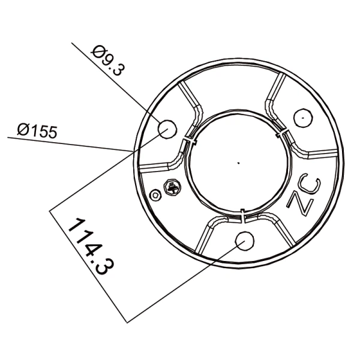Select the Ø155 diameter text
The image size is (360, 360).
[x=37, y=130]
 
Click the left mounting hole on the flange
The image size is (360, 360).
[x=166, y=128]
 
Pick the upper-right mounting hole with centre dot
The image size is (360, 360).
[x=304, y=117]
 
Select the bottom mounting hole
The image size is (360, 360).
[x=244, y=240]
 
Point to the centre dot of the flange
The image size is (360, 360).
[x=238, y=161]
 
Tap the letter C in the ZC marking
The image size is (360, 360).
[x=313, y=186]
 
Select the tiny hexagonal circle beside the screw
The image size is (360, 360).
[x=157, y=195]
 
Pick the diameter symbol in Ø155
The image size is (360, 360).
[x=23, y=129]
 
